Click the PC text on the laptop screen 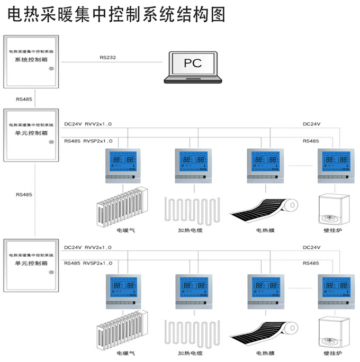(193, 63)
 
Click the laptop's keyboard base (193, 79)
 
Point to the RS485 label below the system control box (24, 99)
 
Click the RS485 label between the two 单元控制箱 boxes (24, 194)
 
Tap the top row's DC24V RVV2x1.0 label (88, 124)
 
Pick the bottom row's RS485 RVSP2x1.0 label (88, 263)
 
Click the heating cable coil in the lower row (191, 333)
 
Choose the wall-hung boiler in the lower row (334, 333)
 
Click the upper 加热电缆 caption (190, 231)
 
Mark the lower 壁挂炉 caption (332, 354)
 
